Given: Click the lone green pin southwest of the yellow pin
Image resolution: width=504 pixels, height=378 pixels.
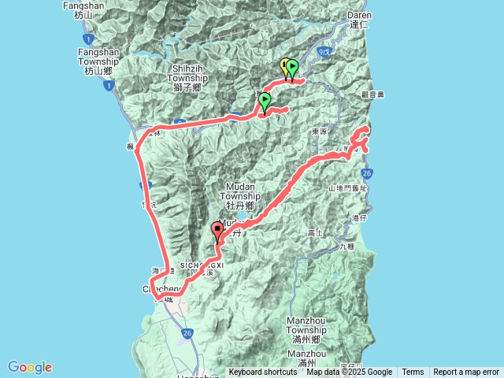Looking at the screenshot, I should coord(265,101).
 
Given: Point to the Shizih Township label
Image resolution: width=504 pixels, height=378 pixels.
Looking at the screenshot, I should coord(187,78).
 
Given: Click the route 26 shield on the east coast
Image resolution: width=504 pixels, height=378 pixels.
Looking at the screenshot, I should coord(368,172).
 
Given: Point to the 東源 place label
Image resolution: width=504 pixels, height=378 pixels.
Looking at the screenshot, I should coord(319,132).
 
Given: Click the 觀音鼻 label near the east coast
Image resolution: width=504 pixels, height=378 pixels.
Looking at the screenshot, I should coord(372,94).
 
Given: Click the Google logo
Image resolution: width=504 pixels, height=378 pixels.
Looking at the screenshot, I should coord(30,367).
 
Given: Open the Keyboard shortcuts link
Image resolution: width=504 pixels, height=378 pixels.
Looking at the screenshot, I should coord(264,372).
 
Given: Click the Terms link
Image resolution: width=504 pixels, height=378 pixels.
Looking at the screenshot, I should coord(413,372).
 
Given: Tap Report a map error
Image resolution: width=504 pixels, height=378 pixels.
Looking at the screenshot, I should coord(466,372).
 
